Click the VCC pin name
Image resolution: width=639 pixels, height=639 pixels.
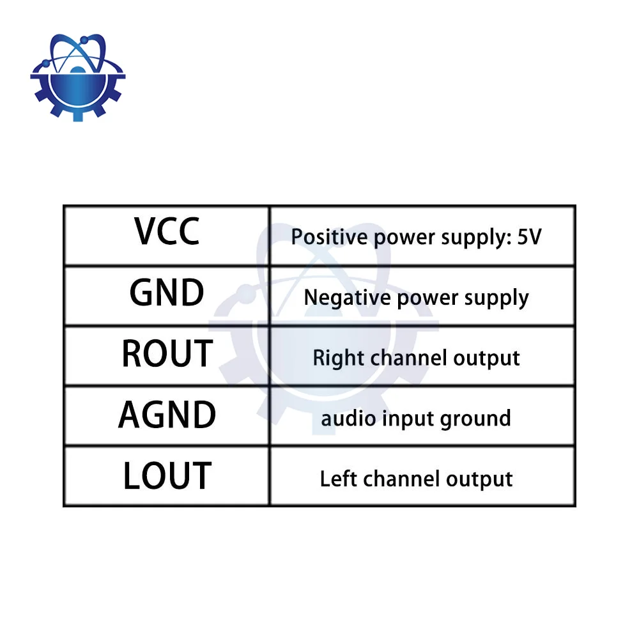pyautogui.click(x=167, y=231)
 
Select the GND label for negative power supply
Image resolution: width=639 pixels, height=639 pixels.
pyautogui.click(x=167, y=292)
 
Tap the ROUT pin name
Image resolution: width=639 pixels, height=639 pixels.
pyautogui.click(x=167, y=353)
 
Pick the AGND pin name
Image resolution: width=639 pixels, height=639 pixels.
pyautogui.click(x=167, y=415)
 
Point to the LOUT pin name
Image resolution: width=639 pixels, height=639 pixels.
pyautogui.click(x=167, y=475)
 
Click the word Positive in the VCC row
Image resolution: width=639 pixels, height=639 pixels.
pyautogui.click(x=329, y=237)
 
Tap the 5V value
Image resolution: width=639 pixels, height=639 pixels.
pyautogui.click(x=529, y=237)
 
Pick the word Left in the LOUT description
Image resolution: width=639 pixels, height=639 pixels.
pyautogui.click(x=338, y=479)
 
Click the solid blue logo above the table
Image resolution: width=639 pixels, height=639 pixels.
pyautogui.click(x=78, y=77)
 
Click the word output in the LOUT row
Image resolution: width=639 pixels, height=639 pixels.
pyautogui.click(x=479, y=479)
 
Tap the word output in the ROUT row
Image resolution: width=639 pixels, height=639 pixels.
pyautogui.click(x=486, y=358)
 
